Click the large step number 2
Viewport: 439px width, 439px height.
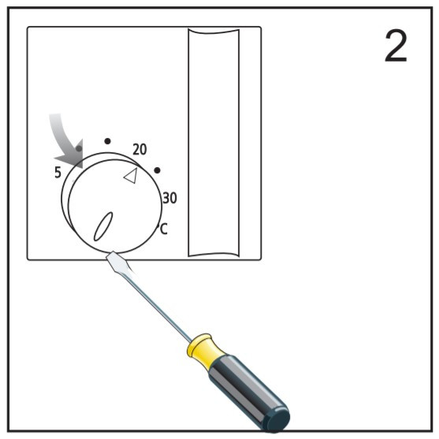click(x=396, y=47)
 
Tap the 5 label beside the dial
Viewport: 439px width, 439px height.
click(x=58, y=173)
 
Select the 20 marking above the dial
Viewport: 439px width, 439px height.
click(x=140, y=150)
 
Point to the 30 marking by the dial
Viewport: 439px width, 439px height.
click(x=169, y=198)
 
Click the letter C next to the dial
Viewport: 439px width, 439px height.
click(x=164, y=229)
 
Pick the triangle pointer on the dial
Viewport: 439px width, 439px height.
click(x=131, y=176)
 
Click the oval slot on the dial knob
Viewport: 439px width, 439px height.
click(x=103, y=226)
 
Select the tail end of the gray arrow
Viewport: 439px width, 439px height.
click(x=55, y=114)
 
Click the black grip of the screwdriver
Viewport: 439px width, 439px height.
click(x=247, y=392)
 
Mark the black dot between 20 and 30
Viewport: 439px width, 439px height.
click(x=158, y=170)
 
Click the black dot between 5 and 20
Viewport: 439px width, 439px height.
click(x=107, y=141)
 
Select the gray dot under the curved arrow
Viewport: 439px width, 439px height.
click(x=79, y=148)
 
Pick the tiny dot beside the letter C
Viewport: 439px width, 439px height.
click(x=158, y=225)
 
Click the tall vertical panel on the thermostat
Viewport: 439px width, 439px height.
click(x=214, y=143)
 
